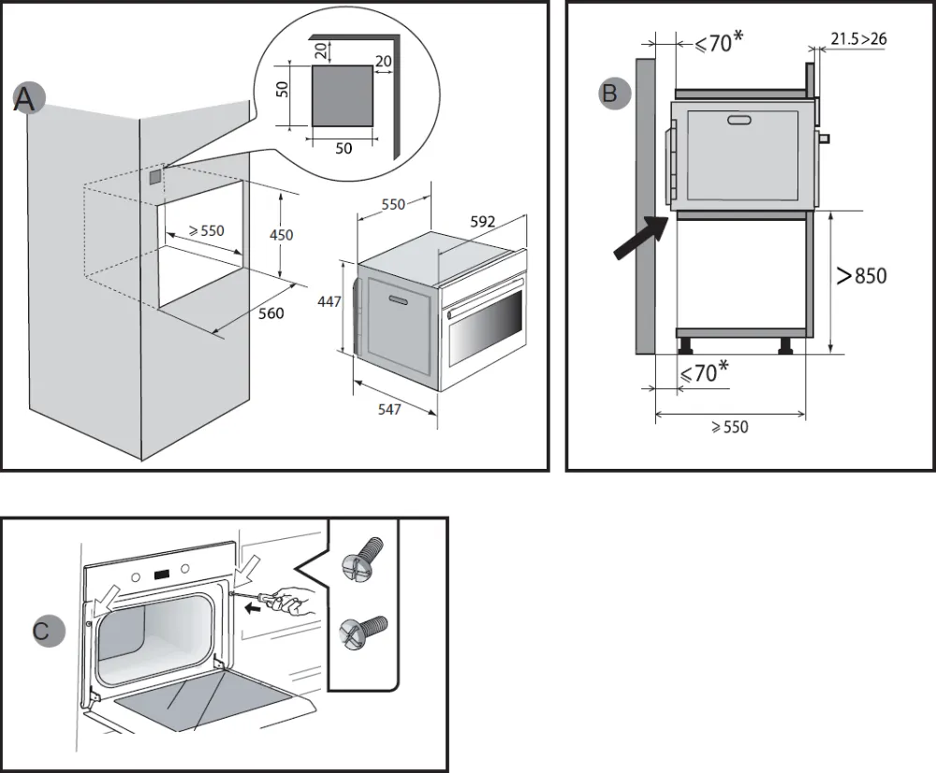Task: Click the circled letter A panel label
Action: point(26,99)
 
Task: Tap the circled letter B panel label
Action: point(610,94)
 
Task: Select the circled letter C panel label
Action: point(42,631)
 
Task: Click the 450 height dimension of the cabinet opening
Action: point(281,235)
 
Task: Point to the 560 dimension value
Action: point(271,314)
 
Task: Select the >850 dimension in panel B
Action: point(861,275)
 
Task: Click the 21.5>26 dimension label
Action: point(858,38)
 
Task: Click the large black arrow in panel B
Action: point(637,240)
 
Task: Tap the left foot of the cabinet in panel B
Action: point(687,344)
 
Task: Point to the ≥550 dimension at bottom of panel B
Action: point(729,427)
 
